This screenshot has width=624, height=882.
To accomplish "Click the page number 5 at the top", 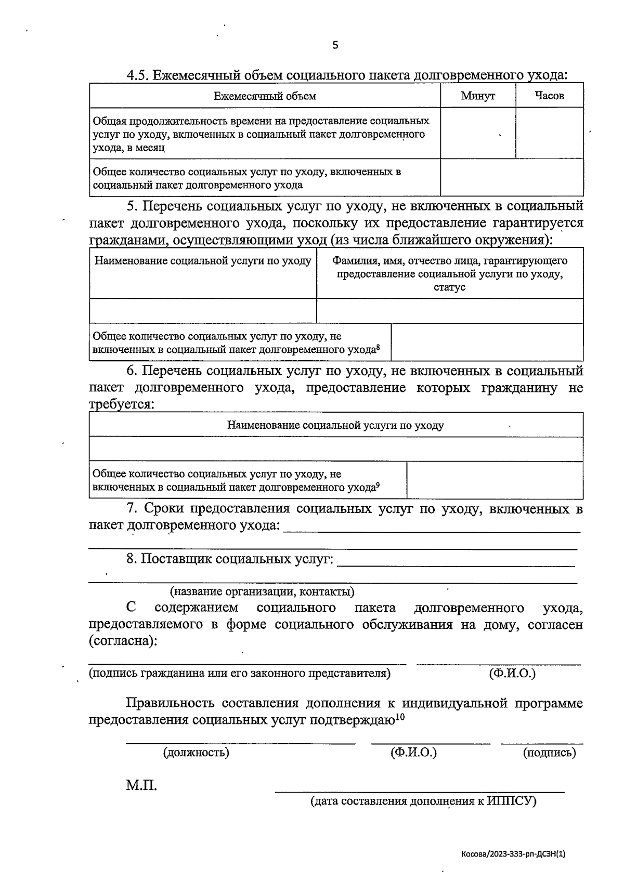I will [x=335, y=45].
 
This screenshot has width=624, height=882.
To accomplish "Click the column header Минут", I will [x=477, y=96].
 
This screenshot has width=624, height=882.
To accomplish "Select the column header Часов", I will [x=549, y=96].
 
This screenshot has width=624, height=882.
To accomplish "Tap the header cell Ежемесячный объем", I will [x=265, y=96].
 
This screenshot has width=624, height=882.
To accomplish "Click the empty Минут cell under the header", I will [x=478, y=133].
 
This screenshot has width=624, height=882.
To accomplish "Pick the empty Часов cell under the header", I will [x=549, y=133].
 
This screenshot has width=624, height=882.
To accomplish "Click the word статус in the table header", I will [x=449, y=287].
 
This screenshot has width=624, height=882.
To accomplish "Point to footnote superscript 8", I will [x=378, y=347].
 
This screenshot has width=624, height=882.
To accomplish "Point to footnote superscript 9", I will [x=378, y=484].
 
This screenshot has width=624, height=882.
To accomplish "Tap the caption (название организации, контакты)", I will [x=263, y=591].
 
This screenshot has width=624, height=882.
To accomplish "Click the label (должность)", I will [x=196, y=752].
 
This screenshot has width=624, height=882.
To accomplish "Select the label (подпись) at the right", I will [x=549, y=752].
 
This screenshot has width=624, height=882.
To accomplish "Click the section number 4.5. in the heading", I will [x=138, y=75].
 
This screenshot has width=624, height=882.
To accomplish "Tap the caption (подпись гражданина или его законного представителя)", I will [x=240, y=674].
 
